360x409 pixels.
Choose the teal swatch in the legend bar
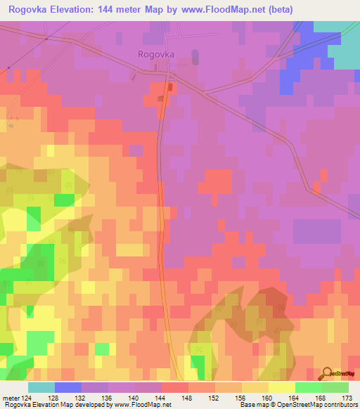click(x=41, y=387)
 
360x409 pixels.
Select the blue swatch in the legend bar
click(x=68, y=387)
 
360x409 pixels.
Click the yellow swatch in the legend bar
click(x=281, y=387)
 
